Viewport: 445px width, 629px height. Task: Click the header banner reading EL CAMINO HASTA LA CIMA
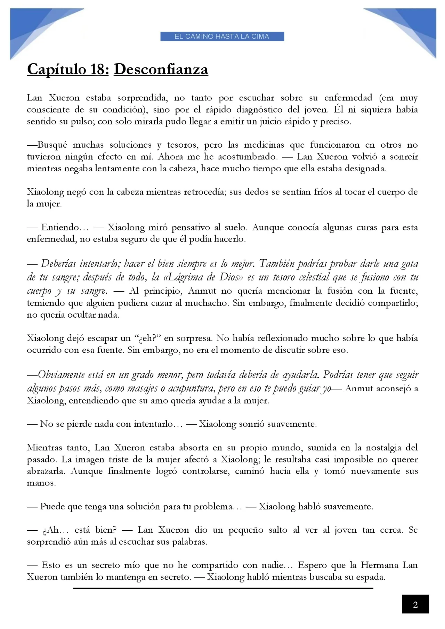click(x=222, y=36)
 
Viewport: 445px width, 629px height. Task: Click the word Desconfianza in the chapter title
click(x=161, y=69)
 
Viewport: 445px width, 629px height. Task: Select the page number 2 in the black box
click(x=415, y=605)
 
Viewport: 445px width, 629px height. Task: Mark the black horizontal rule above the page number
click(x=222, y=588)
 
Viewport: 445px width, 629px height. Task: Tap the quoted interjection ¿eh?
click(x=147, y=338)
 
